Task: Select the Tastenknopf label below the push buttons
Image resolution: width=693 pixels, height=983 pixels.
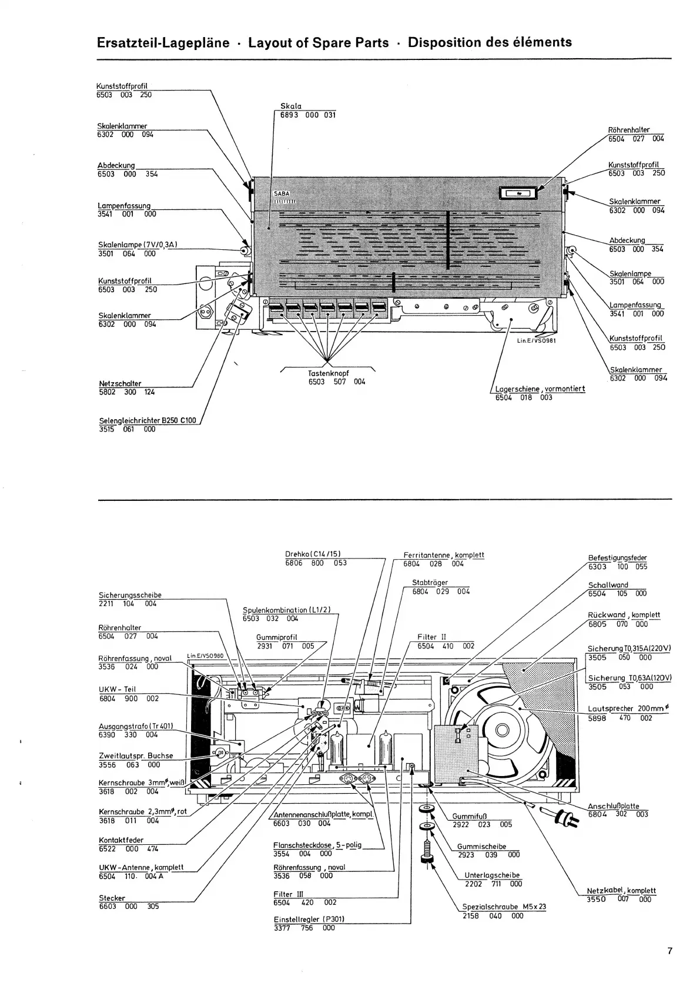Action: [x=329, y=373]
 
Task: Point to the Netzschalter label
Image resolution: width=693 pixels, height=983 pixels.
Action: [x=120, y=384]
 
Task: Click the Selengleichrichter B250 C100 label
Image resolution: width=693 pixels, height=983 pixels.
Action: [x=147, y=421]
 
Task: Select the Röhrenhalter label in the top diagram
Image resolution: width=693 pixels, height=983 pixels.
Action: [x=628, y=130]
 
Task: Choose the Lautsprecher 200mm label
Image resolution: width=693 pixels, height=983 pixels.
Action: [x=627, y=708]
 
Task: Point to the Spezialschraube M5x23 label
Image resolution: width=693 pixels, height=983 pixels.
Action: [x=504, y=907]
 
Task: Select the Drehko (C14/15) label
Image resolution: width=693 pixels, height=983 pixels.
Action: [x=313, y=554]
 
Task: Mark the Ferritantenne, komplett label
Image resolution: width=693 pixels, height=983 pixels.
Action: [x=444, y=555]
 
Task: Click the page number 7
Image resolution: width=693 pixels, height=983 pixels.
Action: [x=669, y=951]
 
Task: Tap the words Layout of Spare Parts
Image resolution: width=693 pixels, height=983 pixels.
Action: [x=319, y=42]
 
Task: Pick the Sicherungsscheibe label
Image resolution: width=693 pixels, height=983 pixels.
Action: [x=130, y=595]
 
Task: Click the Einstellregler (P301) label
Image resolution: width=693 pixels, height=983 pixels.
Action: [x=309, y=919]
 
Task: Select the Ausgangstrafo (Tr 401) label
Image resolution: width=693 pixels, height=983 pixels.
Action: [x=136, y=726]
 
